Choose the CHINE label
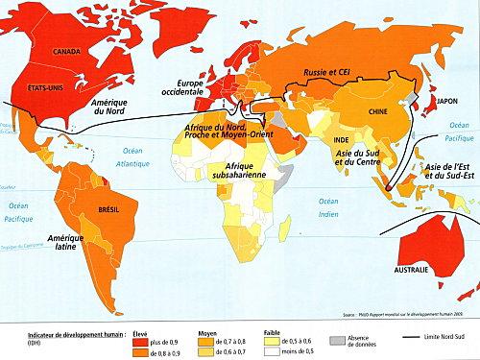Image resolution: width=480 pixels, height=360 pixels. (x=378, y=112)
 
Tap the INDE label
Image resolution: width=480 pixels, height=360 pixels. (x=341, y=141)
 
